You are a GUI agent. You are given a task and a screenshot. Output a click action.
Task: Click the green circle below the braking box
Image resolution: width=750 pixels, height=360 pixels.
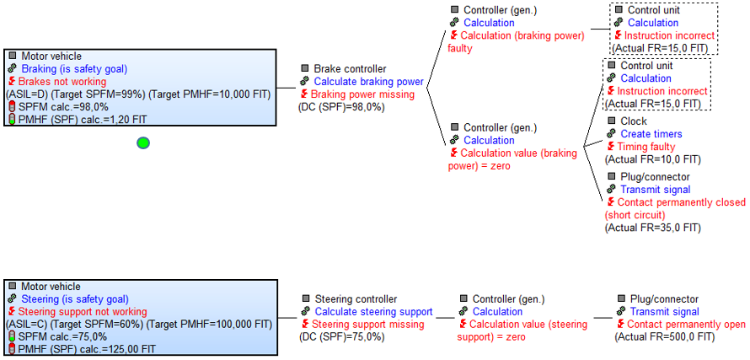143,142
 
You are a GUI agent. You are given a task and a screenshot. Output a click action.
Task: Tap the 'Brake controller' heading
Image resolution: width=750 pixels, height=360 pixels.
350,69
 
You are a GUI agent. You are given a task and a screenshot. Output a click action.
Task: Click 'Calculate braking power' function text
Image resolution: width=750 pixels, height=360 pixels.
368,82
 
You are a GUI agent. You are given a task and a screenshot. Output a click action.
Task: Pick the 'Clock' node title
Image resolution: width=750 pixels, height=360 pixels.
633,121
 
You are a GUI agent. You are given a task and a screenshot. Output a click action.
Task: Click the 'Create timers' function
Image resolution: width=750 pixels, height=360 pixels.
651,134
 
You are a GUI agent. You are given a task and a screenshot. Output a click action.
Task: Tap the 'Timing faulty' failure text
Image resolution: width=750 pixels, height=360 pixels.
646,147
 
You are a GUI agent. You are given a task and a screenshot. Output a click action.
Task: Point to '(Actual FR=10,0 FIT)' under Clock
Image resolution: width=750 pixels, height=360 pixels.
652,159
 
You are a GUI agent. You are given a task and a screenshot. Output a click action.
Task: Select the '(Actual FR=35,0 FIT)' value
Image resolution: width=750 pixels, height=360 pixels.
652,228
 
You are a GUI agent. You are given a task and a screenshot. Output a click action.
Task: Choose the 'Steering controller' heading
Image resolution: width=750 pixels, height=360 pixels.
355,299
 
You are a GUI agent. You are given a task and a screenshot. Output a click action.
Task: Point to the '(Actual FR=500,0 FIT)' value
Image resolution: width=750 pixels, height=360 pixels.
665,337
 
